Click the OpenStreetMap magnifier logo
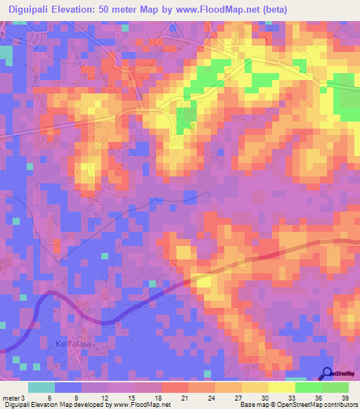point(326,373)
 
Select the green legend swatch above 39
point(335,387)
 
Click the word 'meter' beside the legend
point(10,398)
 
